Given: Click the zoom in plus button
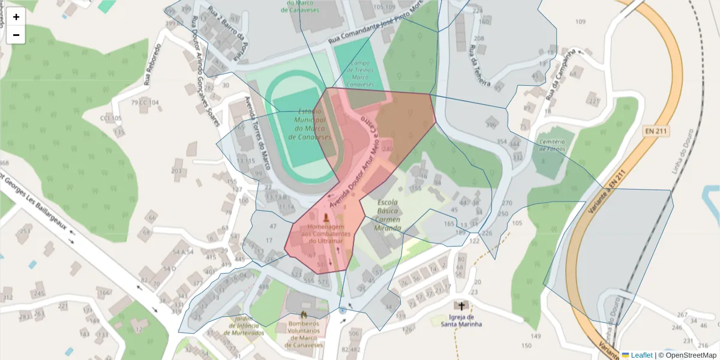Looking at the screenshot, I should pyautogui.click(x=16, y=17).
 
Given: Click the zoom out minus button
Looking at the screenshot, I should pyautogui.click(x=16, y=35).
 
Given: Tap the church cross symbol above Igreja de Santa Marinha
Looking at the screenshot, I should pyautogui.click(x=461, y=305).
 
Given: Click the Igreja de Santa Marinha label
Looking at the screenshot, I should pyautogui.click(x=461, y=320).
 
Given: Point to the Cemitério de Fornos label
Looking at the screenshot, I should pyautogui.click(x=553, y=145).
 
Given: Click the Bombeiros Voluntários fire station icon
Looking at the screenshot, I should pyautogui.click(x=304, y=314).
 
